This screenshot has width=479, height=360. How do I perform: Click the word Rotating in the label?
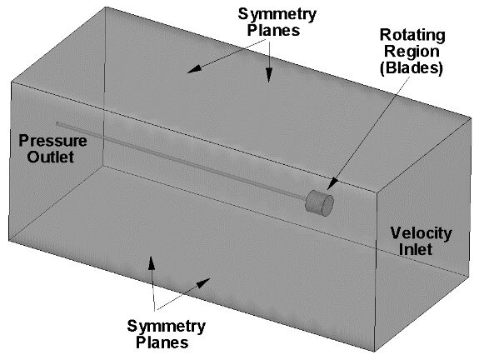(x=412, y=35)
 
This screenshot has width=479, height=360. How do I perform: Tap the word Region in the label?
(x=412, y=51)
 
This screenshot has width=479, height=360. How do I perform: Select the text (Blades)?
(x=412, y=67)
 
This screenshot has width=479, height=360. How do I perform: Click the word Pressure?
(x=52, y=141)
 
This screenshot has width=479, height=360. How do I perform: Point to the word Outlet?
(x=51, y=157)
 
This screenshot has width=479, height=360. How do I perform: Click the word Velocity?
(x=421, y=234)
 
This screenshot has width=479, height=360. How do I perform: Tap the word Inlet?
(x=416, y=249)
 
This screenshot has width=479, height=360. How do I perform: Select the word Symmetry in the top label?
(x=277, y=15)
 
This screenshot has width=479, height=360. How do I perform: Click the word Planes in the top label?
(x=273, y=30)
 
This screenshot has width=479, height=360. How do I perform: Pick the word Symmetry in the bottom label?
(x=166, y=327)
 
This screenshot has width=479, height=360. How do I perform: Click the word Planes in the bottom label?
(x=162, y=342)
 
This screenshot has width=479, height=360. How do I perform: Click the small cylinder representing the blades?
(x=319, y=202)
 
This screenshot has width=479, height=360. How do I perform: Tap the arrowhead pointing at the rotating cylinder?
(x=332, y=184)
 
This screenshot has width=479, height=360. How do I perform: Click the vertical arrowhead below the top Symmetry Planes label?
(x=269, y=74)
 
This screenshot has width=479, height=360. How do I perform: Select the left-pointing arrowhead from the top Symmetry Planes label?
(x=194, y=69)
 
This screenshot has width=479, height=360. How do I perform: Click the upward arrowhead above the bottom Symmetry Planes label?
(x=152, y=262)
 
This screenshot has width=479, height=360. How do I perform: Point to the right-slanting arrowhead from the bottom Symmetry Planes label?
(x=202, y=282)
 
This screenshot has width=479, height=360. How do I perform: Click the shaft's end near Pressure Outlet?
(x=57, y=123)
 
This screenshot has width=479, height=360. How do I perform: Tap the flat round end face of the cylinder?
(x=327, y=206)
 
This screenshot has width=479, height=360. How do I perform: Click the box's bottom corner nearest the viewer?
(x=375, y=352)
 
